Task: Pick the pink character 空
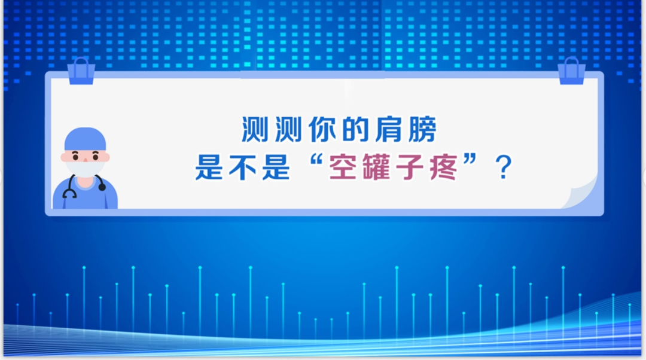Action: pyautogui.click(x=345, y=167)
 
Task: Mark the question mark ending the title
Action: pyautogui.click(x=504, y=169)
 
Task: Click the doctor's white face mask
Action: pyautogui.click(x=84, y=168)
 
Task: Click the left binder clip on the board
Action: pyautogui.click(x=81, y=71)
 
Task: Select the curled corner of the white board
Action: pyautogui.click(x=583, y=194)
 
